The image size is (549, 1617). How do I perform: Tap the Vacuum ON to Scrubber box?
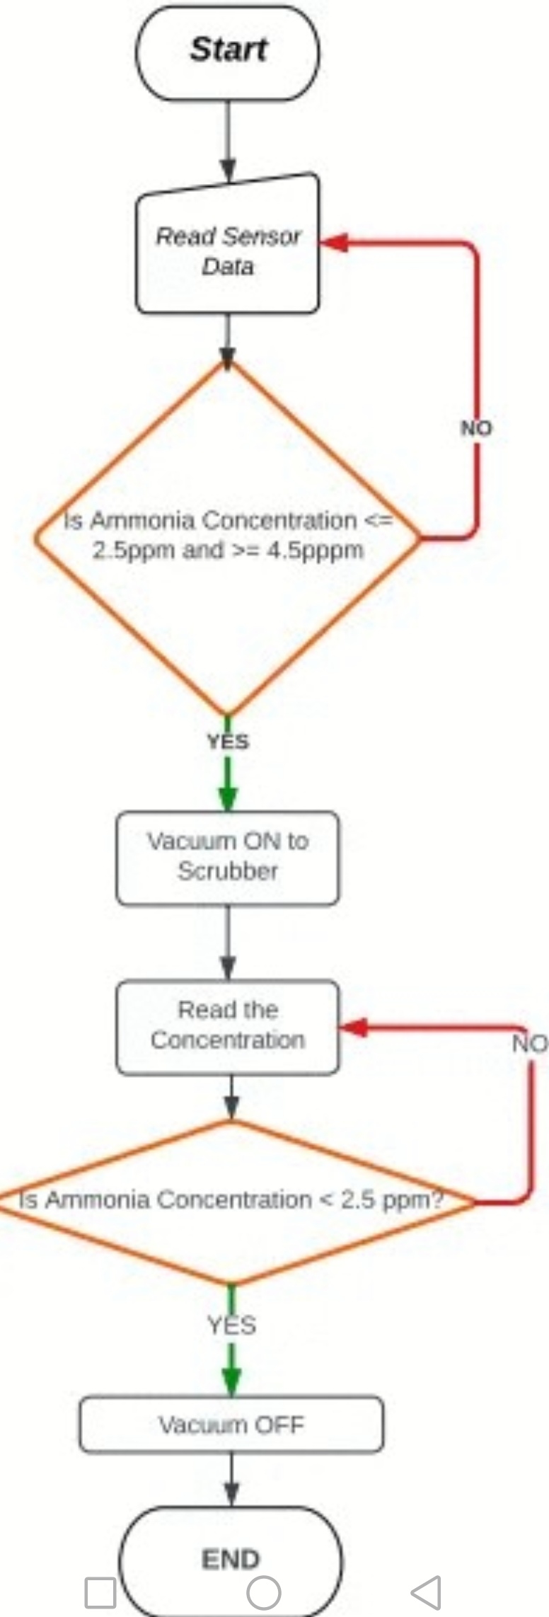click(x=227, y=858)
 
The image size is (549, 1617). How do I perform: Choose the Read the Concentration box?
click(x=227, y=1027)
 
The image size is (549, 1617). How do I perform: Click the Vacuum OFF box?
click(x=231, y=1424)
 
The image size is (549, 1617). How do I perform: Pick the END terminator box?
click(x=231, y=1559)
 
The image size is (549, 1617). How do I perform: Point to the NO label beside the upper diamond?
click(x=476, y=428)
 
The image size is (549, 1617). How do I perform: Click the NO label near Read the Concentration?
click(x=530, y=1044)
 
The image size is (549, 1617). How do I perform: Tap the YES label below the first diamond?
click(x=228, y=742)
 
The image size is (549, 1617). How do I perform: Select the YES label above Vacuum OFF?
click(x=231, y=1325)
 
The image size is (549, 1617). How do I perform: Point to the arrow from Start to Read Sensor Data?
click(x=227, y=142)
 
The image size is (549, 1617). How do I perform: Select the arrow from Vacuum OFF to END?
click(x=231, y=1479)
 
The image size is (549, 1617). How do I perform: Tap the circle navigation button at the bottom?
click(x=264, y=1592)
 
